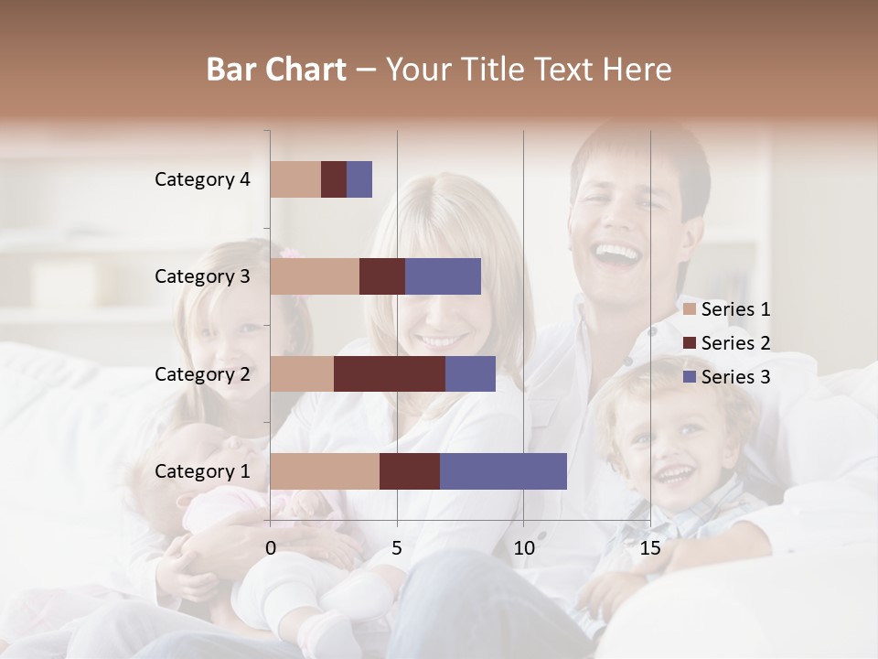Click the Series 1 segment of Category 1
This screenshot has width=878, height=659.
click(325, 470)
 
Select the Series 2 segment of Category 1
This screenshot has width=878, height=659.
click(410, 470)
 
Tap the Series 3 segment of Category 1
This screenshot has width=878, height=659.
click(503, 470)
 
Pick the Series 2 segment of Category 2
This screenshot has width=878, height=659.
click(390, 373)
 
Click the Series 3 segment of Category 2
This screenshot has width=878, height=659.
click(470, 373)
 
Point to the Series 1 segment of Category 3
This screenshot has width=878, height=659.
click(315, 276)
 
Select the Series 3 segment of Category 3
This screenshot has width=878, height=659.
click(443, 276)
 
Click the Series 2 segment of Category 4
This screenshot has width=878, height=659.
click(334, 179)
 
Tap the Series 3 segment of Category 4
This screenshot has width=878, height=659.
click(359, 179)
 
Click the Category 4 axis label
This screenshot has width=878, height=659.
click(202, 179)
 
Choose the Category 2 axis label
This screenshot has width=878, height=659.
click(202, 373)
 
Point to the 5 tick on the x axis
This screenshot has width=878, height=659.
click(397, 548)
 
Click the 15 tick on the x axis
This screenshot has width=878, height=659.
click(649, 548)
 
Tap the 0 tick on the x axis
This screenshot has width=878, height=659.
click(271, 548)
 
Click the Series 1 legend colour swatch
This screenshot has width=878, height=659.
click(690, 309)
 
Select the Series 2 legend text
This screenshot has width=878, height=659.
click(735, 343)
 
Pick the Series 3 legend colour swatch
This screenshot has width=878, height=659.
click(690, 377)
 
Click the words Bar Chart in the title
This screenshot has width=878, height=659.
click(276, 69)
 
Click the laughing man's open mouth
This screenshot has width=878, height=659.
click(618, 254)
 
